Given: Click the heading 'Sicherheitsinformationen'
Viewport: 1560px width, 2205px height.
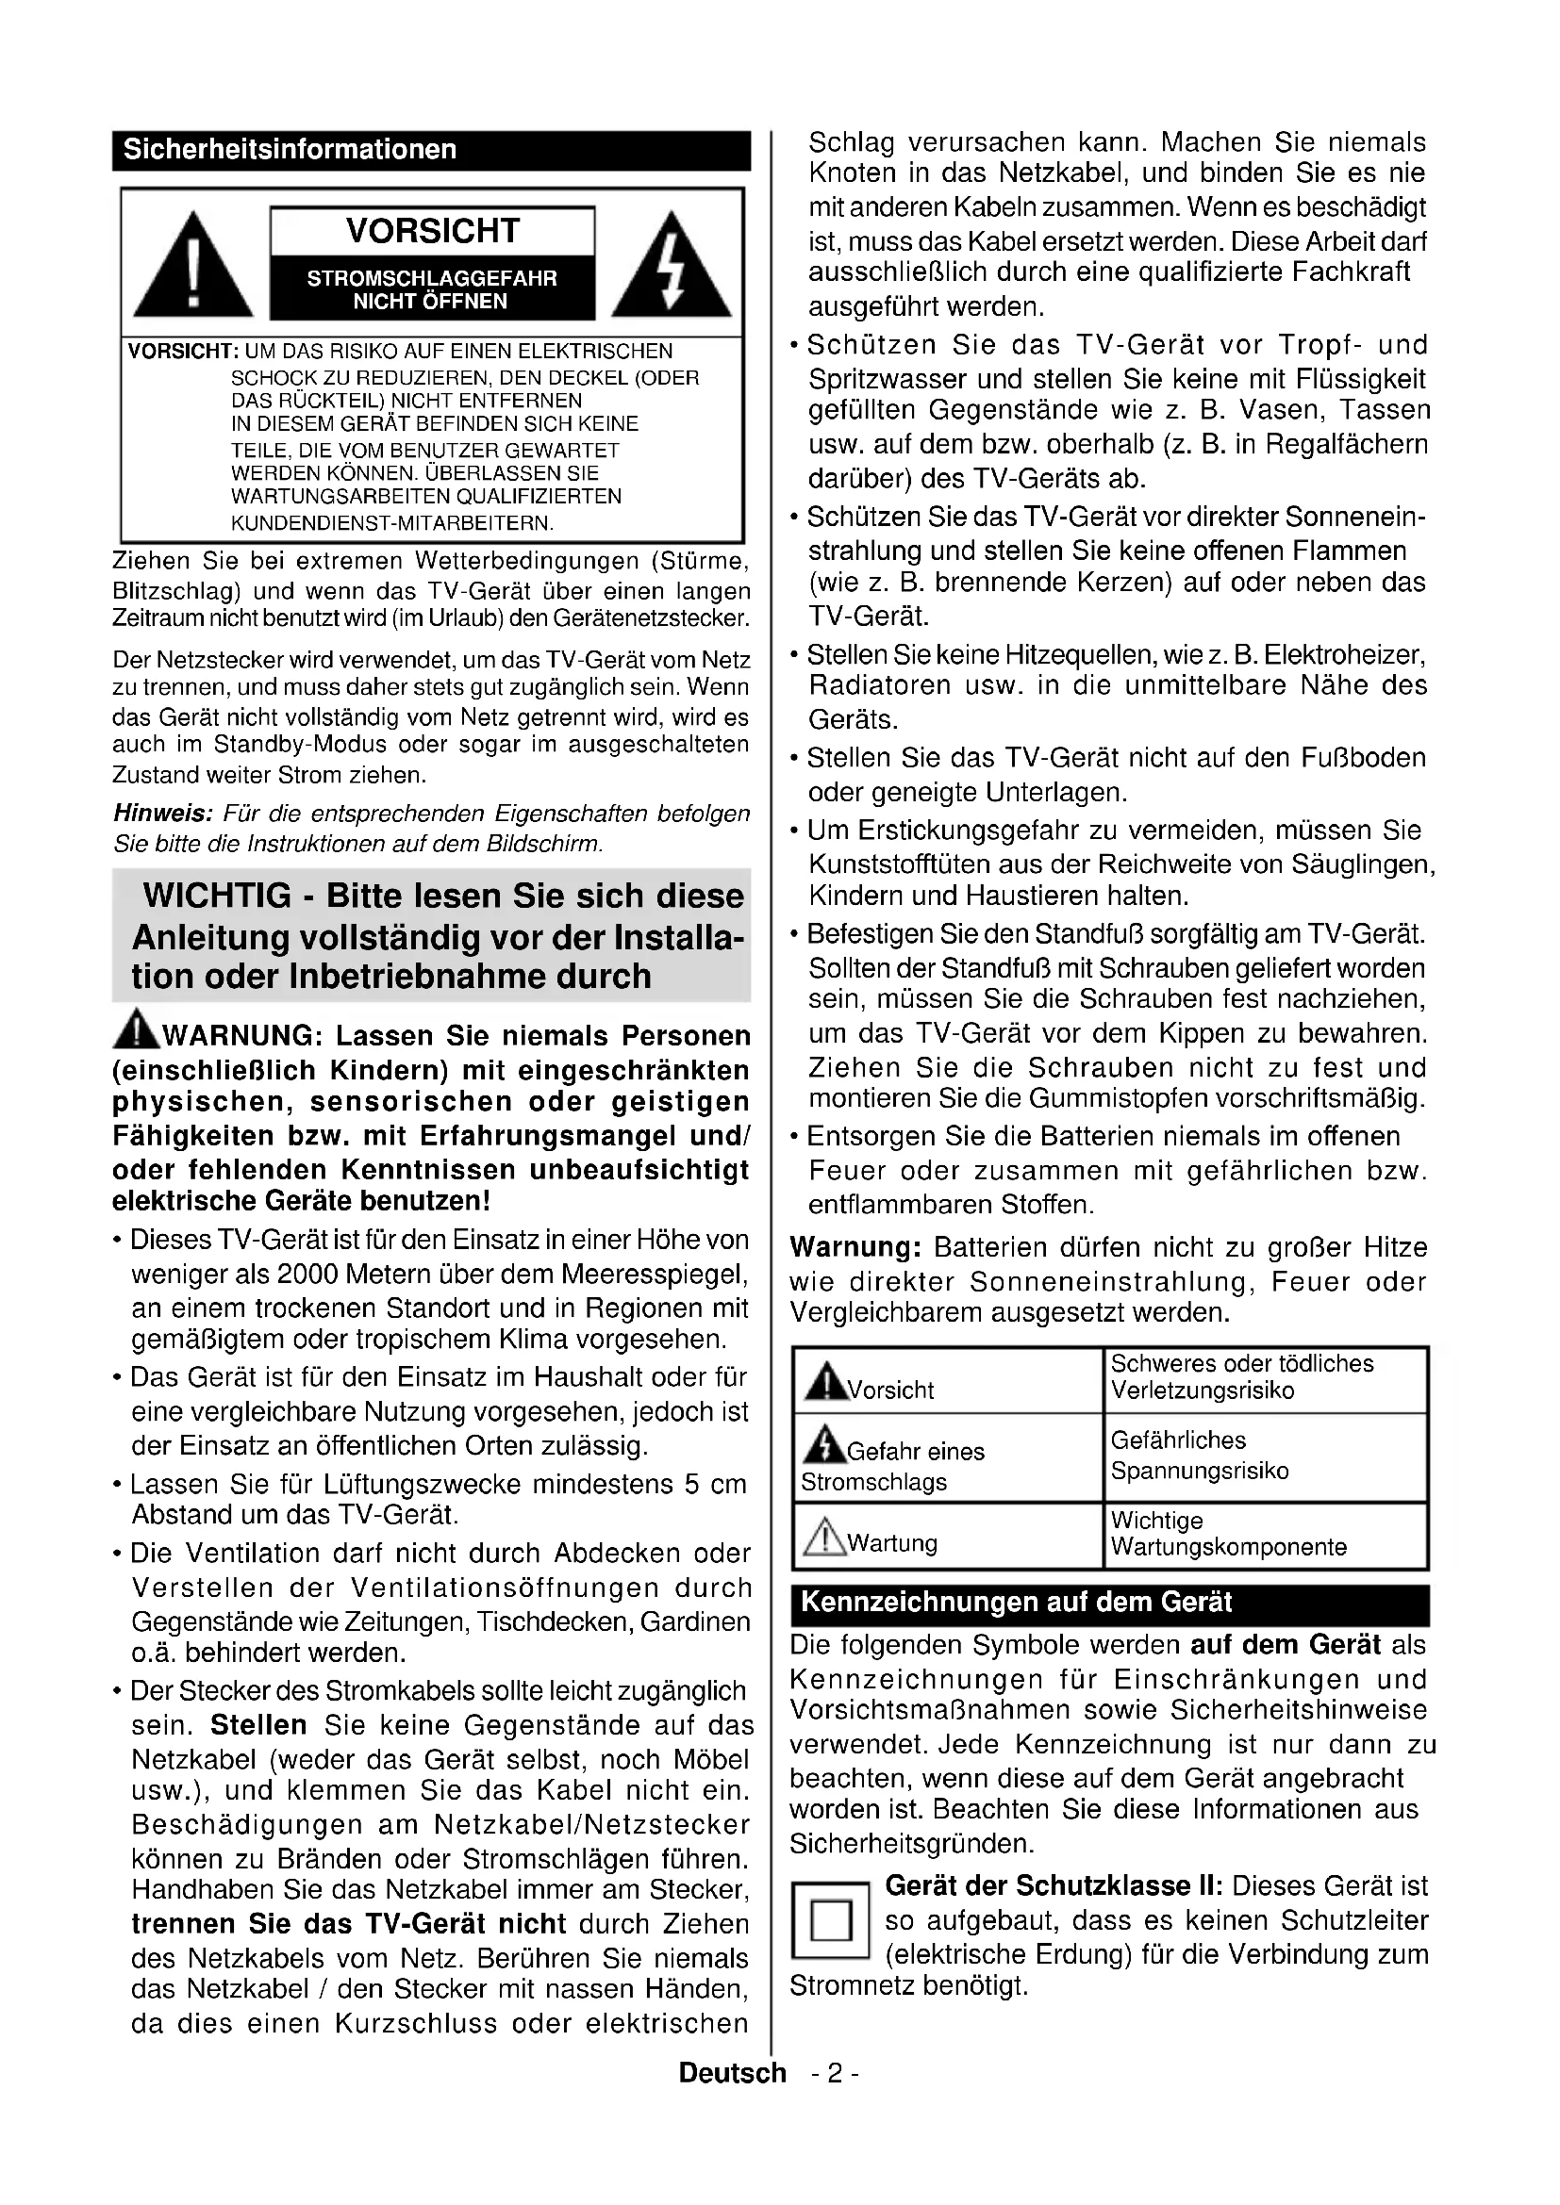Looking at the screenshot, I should [x=290, y=150].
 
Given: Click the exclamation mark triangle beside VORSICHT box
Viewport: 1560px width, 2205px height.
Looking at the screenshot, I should [x=193, y=268].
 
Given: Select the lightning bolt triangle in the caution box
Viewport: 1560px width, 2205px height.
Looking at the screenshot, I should [x=671, y=268].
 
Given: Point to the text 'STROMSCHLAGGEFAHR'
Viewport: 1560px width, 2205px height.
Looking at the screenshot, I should [x=431, y=278].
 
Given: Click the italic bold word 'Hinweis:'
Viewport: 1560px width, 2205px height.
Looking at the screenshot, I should [x=162, y=814].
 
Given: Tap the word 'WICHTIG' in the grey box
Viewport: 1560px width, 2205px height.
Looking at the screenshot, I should [x=217, y=895].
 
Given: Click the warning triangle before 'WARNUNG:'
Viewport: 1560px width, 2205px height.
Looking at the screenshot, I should [x=137, y=1029].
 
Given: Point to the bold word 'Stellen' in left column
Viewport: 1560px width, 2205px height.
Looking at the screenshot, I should [x=258, y=1725].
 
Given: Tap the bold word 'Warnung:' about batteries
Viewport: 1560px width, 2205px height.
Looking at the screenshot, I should [x=855, y=1247].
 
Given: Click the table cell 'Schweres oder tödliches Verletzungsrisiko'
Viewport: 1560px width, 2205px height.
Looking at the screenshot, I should [x=1264, y=1377].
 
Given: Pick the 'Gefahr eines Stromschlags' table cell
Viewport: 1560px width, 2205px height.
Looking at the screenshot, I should [x=947, y=1457].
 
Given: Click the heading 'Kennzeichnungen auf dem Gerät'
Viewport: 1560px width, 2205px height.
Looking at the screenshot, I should [x=1017, y=1603].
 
